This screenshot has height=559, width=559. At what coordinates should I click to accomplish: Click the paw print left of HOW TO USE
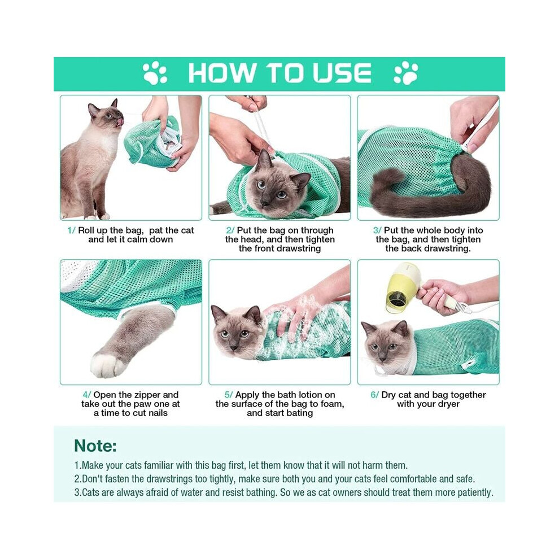coord(155,73)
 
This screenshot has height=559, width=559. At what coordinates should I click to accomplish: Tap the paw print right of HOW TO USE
coord(406,73)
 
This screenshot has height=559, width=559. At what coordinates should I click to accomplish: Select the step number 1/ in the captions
coord(71,231)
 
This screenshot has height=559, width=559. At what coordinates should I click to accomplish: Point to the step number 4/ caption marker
coord(87,395)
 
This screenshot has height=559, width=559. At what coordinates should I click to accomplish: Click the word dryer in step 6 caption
coord(448,404)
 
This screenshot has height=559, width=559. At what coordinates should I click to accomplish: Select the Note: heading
coord(95,446)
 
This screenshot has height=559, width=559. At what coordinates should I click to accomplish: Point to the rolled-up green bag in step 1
coord(153,143)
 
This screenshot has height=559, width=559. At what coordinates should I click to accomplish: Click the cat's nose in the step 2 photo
coord(264,203)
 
